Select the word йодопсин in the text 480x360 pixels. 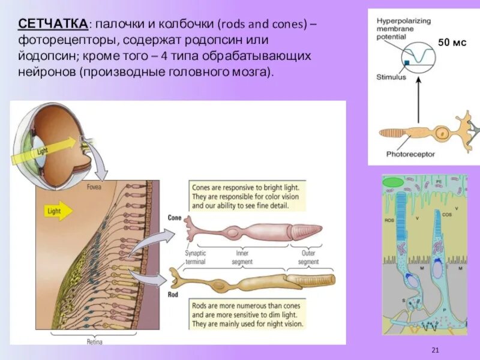[x=46, y=55]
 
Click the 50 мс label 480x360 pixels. [x=452, y=43]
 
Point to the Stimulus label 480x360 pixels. [x=391, y=77]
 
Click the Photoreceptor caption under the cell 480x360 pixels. [x=410, y=154]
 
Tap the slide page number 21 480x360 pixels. [x=436, y=350]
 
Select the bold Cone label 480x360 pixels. [x=175, y=218]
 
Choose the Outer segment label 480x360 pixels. [x=308, y=257]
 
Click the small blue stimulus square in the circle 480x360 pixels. [x=406, y=62]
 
